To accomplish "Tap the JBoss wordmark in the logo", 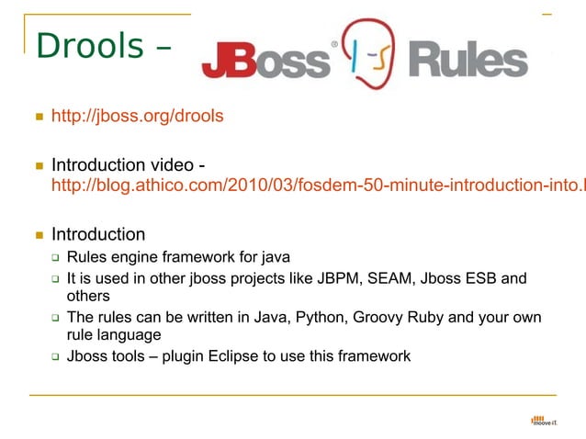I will tap(265, 61).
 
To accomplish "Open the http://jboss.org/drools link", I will tap(137, 117).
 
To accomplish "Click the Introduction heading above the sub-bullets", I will tap(98, 234).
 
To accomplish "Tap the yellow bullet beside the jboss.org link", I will tap(39, 118).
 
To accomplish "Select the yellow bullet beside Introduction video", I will tap(39, 166).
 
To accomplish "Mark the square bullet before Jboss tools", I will tap(55, 356).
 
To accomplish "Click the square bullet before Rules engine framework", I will tap(55, 257).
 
